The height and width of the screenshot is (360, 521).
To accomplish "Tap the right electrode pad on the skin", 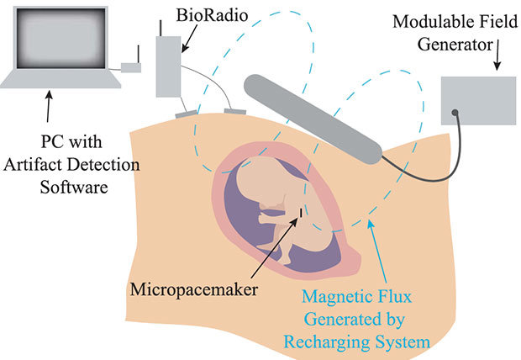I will coord(234,111).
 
